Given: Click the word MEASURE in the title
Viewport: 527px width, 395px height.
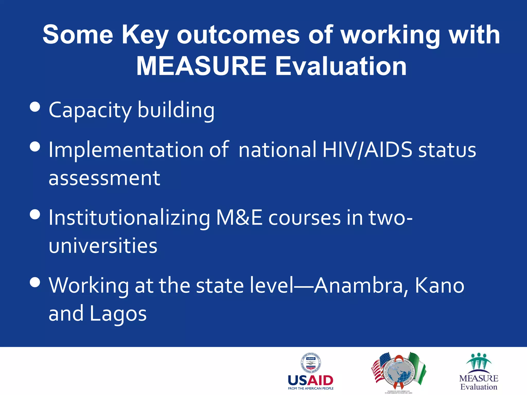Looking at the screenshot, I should tap(201, 66).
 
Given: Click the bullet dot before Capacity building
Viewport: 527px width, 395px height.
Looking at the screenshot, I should tap(35, 107).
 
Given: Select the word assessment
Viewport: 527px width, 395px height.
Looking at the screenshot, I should tap(104, 178).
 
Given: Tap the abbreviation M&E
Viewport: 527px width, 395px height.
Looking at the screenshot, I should tap(239, 218).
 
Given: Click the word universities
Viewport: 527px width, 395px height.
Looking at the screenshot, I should tap(103, 246).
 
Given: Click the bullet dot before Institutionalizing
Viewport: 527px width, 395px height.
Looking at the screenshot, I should tap(35, 214).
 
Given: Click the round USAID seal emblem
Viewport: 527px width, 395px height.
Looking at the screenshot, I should tap(311, 363).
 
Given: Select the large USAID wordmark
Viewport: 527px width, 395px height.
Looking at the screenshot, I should tap(311, 380).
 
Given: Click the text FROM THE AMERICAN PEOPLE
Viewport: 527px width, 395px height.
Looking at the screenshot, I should tap(311, 389).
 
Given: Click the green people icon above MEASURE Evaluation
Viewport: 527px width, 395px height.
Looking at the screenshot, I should tap(479, 361).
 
